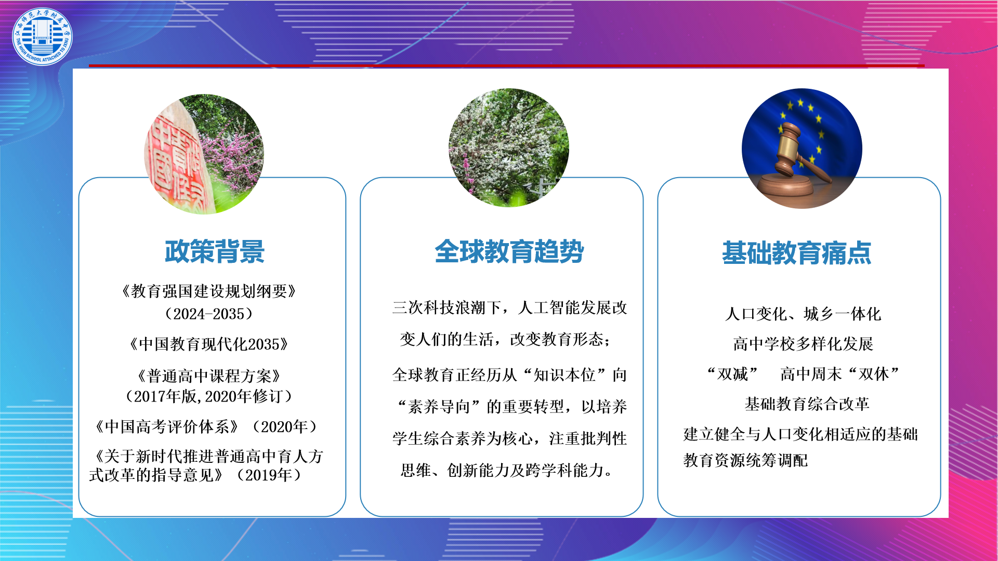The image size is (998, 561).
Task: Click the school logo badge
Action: point(42,36)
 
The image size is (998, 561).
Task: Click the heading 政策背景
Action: point(215,251)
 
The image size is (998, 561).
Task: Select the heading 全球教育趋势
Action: point(509,251)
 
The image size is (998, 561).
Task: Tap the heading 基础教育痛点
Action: point(796,253)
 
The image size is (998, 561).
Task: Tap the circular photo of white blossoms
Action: point(509,148)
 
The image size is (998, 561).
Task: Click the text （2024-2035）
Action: point(209,314)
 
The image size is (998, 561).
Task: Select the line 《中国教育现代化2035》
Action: point(209,344)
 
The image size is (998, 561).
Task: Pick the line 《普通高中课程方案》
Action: point(209,376)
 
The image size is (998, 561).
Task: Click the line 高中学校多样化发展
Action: point(803,343)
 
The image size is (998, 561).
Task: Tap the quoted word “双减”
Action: point(733,373)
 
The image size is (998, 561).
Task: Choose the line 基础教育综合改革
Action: point(807,404)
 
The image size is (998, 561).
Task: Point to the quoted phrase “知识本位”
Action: point(564,375)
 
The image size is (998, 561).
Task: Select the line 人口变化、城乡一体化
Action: point(803,314)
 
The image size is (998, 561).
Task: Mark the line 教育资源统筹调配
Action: point(745,460)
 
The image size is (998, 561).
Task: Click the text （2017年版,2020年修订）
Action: point(209,396)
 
